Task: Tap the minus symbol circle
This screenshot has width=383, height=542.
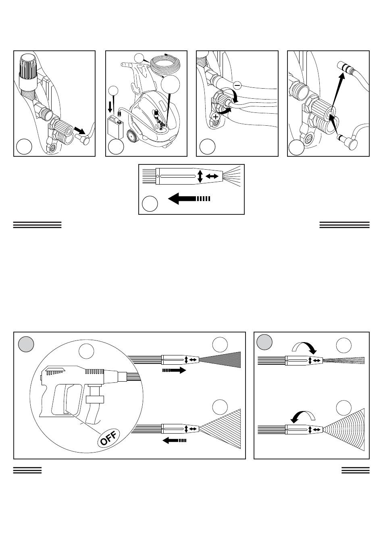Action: (x=237, y=85)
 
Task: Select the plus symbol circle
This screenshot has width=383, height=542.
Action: (x=215, y=117)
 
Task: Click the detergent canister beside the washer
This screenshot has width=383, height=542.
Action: (x=115, y=127)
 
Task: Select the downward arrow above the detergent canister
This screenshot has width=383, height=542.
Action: (x=110, y=107)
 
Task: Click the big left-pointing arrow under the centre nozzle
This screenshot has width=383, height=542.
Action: (x=189, y=199)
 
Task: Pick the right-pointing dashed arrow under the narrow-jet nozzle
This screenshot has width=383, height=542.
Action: (x=174, y=370)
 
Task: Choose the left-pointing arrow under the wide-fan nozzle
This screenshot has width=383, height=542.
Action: (x=174, y=440)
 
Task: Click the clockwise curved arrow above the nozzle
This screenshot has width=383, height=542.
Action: (x=304, y=345)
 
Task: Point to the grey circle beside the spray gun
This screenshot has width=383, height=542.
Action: (x=26, y=344)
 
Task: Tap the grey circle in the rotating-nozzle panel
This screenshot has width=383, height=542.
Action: (x=264, y=342)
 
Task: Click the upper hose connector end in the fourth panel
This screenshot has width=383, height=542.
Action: (x=344, y=66)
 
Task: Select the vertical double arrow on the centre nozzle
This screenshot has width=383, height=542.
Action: (x=200, y=177)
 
